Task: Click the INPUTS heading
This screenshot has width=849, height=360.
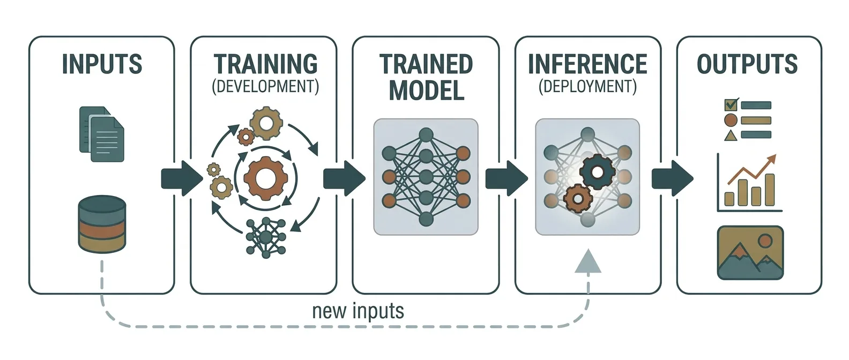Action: point(102,64)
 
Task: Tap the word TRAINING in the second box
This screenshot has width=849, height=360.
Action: point(265,64)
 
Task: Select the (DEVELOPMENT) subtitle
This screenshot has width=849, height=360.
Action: point(265,86)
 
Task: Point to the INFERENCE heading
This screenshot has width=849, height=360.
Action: point(587,64)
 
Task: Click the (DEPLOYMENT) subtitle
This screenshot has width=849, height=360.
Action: point(587,86)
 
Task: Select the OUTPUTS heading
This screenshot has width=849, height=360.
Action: point(747,64)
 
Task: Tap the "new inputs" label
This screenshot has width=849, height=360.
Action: point(358,311)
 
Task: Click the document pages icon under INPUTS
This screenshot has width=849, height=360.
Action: point(102,134)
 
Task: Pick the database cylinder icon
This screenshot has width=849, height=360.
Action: point(102,224)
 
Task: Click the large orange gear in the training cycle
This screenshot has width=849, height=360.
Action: point(265,178)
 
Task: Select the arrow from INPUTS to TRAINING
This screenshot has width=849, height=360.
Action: point(182,178)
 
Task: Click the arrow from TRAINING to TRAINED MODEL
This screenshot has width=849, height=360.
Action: point(344,178)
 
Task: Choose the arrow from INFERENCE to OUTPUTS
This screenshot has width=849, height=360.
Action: point(672,178)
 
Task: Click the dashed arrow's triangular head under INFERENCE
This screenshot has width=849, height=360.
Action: point(588,261)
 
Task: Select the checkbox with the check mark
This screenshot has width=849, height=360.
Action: point(731,104)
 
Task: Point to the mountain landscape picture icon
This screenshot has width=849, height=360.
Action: point(750,253)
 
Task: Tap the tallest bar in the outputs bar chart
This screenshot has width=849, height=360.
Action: point(770,190)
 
